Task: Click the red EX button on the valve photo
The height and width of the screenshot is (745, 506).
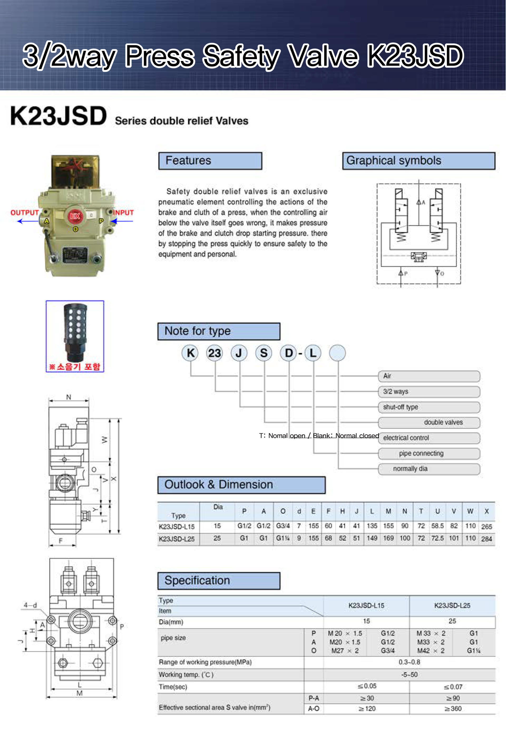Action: click(x=75, y=216)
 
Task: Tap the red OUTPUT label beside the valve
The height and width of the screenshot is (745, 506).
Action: click(x=25, y=213)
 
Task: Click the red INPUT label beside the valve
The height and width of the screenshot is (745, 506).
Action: click(x=123, y=213)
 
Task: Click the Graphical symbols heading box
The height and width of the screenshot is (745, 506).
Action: click(x=419, y=161)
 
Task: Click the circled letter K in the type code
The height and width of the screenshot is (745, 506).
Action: click(x=190, y=353)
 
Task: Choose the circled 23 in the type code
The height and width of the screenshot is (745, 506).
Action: click(x=214, y=353)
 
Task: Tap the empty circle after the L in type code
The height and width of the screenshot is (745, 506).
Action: click(x=337, y=353)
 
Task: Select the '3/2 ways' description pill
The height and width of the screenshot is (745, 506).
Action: click(x=429, y=391)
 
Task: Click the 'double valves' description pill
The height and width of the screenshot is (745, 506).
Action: click(x=429, y=422)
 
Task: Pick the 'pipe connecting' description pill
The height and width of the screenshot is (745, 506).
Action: click(x=429, y=453)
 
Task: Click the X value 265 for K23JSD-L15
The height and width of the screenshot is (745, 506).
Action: click(x=486, y=526)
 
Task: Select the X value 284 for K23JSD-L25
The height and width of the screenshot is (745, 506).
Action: click(x=486, y=539)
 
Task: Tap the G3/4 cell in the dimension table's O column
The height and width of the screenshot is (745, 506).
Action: click(x=283, y=526)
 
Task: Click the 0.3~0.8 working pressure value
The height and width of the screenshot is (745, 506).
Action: click(x=409, y=662)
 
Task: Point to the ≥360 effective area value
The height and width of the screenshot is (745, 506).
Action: click(x=453, y=708)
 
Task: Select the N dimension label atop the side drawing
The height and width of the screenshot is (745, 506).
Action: click(x=69, y=397)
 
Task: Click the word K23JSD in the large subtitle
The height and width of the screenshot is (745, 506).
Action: click(x=58, y=116)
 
